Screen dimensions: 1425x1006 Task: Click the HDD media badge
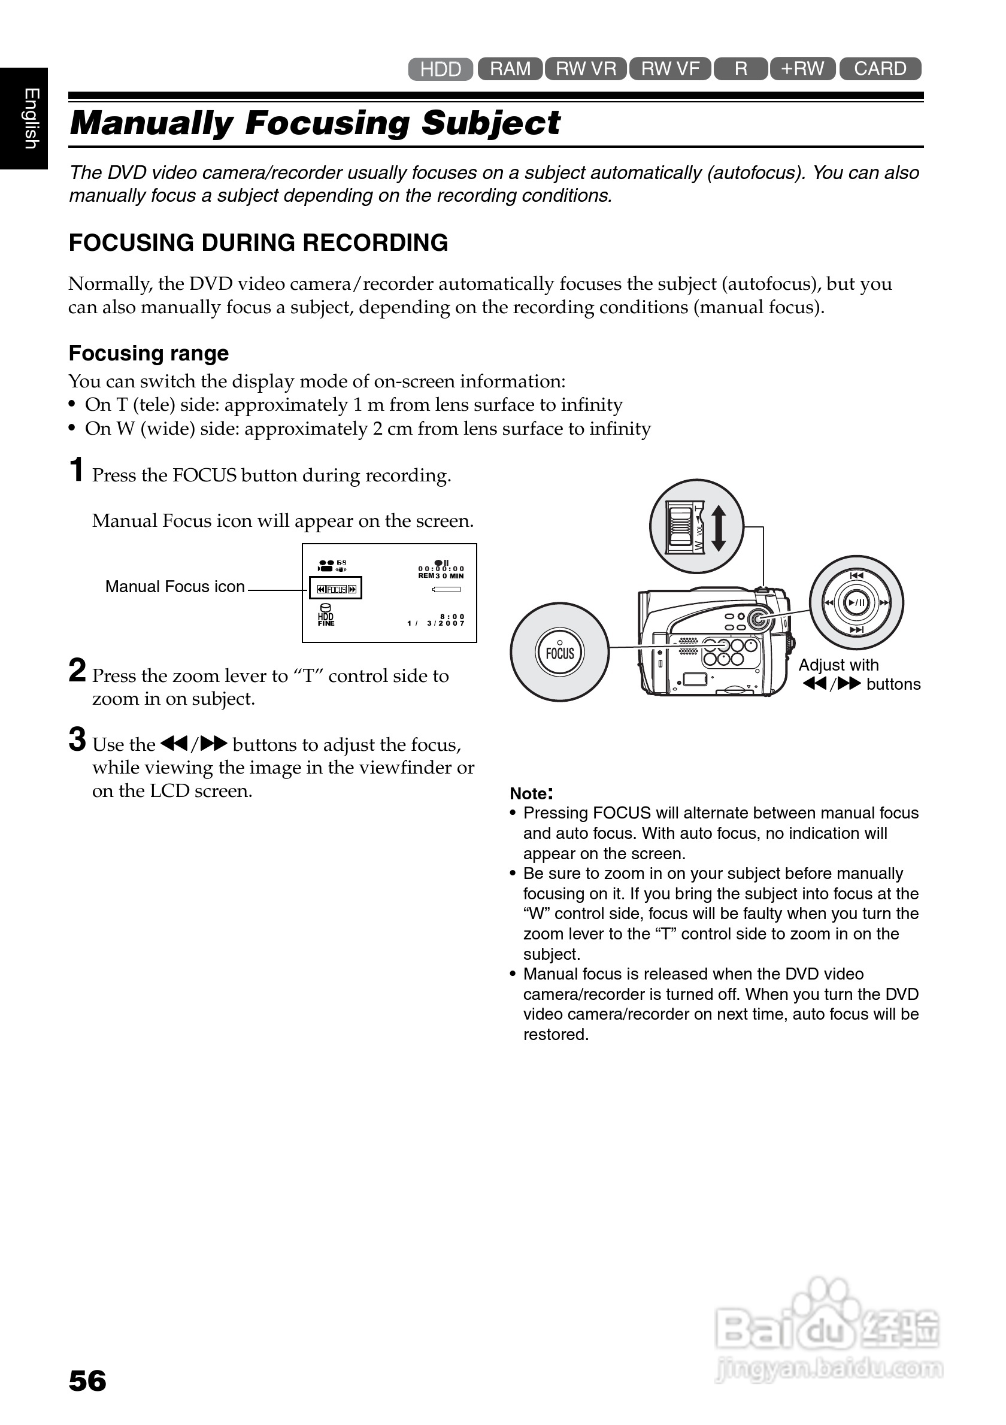pos(441,69)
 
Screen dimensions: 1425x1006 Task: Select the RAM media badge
pos(510,68)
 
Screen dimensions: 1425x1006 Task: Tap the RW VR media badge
pos(586,68)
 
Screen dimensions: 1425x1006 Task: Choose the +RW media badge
pos(802,68)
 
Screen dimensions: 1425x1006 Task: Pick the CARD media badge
pos(880,68)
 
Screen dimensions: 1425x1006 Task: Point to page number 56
pos(87,1381)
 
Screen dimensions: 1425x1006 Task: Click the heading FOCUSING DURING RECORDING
pos(258,242)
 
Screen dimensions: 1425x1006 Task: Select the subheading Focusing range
pos(149,353)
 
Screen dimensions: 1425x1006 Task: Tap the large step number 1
pos(76,470)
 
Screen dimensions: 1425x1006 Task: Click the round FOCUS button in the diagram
pos(560,652)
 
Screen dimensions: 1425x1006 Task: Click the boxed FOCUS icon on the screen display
pos(336,589)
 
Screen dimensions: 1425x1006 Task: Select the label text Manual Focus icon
pos(175,587)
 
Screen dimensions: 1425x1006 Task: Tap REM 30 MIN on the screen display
pos(441,576)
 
